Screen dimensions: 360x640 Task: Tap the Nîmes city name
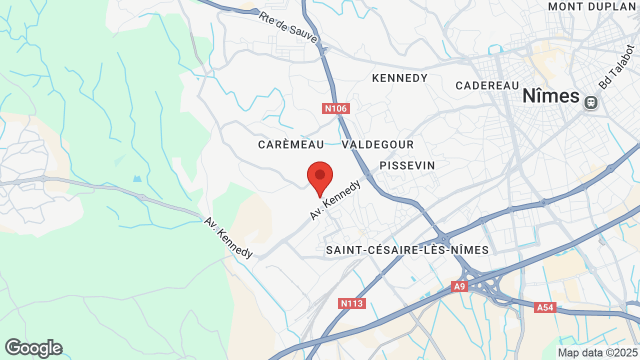550,96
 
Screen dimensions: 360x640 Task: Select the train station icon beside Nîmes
590,102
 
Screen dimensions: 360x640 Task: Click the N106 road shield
335,108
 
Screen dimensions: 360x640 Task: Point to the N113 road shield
353,303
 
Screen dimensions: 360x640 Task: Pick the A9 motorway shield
459,286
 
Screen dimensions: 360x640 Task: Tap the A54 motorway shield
544,307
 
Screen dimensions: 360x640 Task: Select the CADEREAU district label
487,85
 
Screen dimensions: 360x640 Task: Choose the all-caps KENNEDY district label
400,78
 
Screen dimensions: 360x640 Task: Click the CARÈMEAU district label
291,144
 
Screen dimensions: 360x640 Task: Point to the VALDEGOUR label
378,144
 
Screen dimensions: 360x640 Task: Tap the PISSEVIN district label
407,165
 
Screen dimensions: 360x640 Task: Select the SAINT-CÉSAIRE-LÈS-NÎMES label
407,250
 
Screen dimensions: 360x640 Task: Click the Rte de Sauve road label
288,27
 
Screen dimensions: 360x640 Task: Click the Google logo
33,348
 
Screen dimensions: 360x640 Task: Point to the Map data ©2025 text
597,352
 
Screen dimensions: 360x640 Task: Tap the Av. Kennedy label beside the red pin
335,200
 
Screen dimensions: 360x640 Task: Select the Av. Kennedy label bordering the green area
228,237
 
